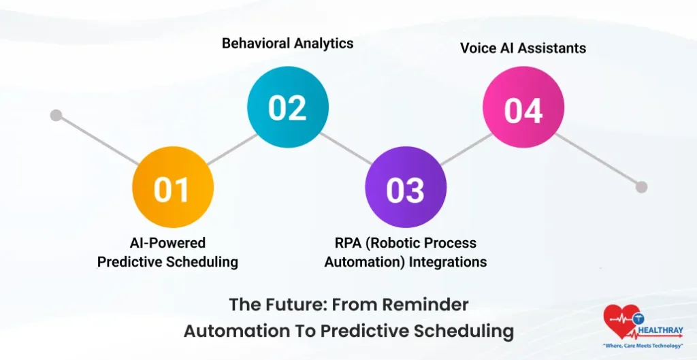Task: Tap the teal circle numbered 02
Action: [287, 108]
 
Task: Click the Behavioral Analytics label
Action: [287, 44]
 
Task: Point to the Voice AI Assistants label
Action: [523, 48]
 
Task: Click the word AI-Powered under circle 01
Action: [167, 243]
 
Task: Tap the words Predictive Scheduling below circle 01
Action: [167, 262]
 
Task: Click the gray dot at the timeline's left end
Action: [56, 115]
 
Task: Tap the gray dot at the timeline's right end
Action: [641, 186]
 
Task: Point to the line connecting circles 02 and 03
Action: [346, 149]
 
